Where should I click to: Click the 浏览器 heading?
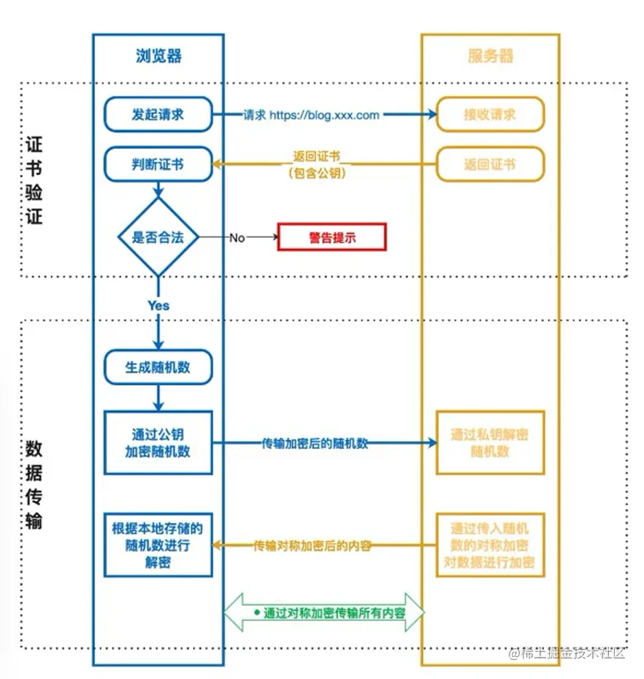click(158, 56)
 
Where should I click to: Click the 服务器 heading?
click(490, 56)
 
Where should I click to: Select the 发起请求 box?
click(158, 115)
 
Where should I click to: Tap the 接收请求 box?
click(490, 115)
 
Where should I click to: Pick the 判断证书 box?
click(158, 164)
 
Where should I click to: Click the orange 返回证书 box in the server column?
click(490, 164)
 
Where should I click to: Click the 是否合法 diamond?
click(158, 237)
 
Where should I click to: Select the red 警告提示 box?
click(331, 238)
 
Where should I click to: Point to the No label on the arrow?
click(237, 238)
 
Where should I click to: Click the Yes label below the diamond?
click(158, 306)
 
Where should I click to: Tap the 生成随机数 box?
click(158, 367)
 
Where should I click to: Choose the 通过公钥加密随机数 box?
click(158, 443)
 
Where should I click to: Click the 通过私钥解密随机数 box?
click(490, 443)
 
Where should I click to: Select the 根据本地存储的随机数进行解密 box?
click(158, 545)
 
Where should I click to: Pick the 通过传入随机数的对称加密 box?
click(490, 545)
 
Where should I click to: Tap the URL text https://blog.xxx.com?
click(324, 115)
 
